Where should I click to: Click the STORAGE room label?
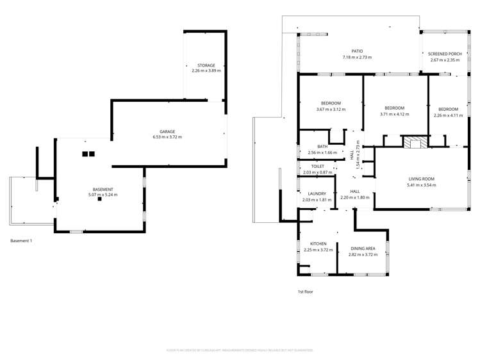(206, 65)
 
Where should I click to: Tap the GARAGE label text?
(167, 131)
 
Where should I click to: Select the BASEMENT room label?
(103, 190)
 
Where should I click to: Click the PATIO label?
(357, 52)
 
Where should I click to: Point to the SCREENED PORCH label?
(445, 54)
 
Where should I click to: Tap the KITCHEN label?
(319, 244)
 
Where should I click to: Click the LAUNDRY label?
(317, 194)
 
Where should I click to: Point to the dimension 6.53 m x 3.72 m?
(167, 137)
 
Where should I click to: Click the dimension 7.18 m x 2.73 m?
(357, 58)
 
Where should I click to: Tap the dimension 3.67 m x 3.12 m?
(331, 109)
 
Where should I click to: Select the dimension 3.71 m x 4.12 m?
(394, 114)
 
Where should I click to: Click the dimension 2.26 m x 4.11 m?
(449, 115)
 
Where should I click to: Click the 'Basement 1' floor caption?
(22, 241)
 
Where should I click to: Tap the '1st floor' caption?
(305, 291)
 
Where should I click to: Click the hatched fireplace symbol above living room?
(411, 142)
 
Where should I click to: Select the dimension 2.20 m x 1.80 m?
(354, 197)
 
